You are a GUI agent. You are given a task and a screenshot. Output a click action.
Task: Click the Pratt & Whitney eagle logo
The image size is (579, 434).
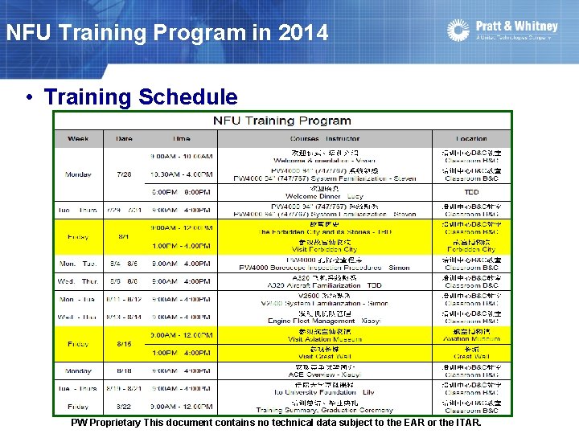458,31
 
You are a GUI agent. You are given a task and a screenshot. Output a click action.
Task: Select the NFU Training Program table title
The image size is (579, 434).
281,121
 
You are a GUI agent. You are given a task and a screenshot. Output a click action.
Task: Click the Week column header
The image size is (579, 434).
79,138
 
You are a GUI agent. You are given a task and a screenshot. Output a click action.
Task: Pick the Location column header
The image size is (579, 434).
471,138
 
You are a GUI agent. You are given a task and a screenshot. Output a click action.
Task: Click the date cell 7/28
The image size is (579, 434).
124,174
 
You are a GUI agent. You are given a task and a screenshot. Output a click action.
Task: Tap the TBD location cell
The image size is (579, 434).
471,192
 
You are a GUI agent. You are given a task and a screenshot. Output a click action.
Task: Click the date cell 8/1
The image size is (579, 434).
124,237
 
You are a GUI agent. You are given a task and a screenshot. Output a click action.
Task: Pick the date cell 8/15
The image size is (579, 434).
124,344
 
